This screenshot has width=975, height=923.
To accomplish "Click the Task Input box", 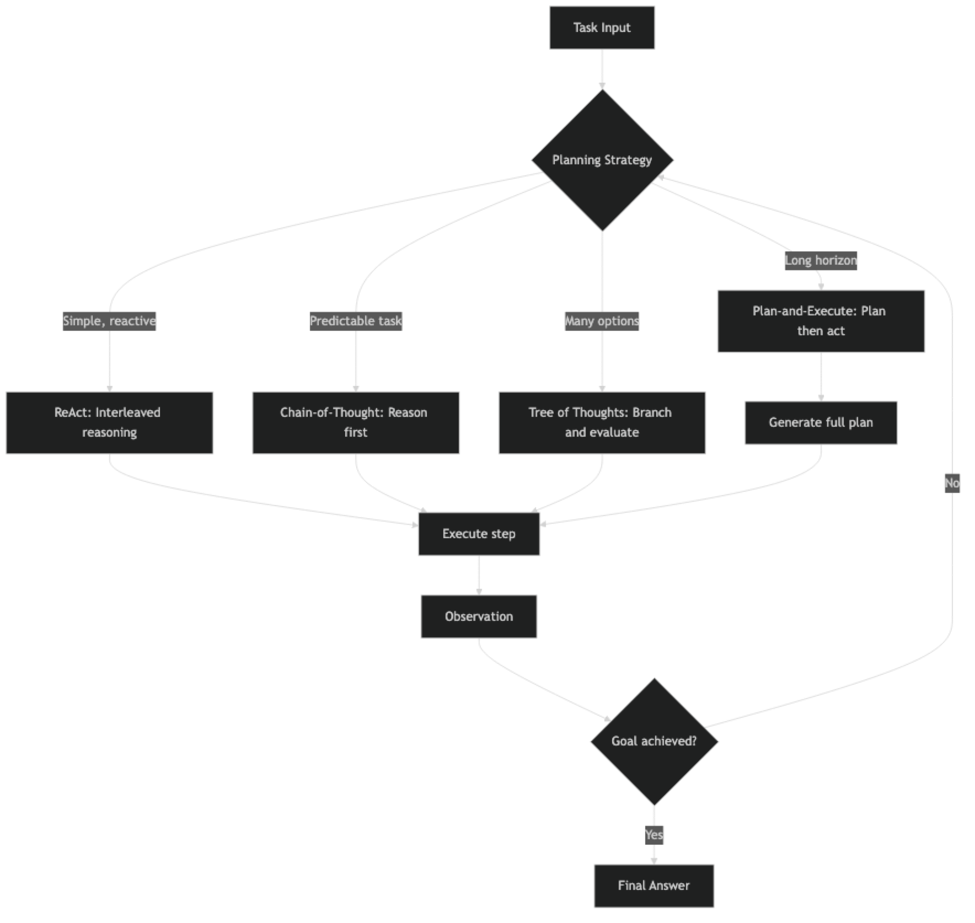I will click(602, 28).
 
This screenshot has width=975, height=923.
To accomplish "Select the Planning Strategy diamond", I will click(602, 160).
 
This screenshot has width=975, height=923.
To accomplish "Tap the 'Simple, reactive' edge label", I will click(109, 321).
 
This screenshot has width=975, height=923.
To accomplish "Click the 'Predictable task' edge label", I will click(356, 321).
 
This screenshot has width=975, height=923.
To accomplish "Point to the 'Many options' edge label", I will click(602, 321).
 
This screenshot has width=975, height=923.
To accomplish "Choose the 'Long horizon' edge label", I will click(821, 260).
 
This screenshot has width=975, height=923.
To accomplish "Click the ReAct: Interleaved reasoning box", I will click(109, 423).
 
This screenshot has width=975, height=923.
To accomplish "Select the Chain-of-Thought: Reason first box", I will click(356, 423).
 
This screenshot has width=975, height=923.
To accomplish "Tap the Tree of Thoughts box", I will click(602, 423).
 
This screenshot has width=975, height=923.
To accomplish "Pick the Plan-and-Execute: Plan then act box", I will click(821, 321).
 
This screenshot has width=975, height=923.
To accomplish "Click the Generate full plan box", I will click(821, 423).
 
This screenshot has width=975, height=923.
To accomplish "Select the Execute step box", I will click(479, 534).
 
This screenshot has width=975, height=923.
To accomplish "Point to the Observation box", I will click(479, 616).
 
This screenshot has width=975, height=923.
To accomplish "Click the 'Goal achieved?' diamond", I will click(654, 741).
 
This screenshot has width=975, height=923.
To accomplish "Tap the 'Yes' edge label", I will click(654, 835).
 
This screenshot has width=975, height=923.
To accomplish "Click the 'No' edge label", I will click(952, 483).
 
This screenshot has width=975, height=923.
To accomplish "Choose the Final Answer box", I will click(654, 886).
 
